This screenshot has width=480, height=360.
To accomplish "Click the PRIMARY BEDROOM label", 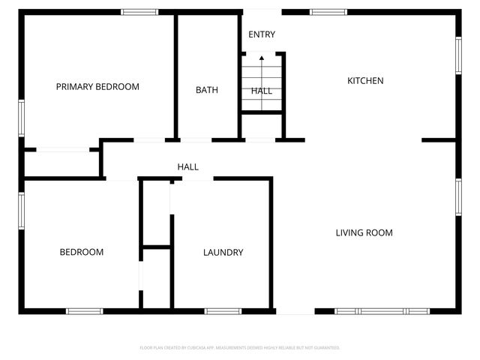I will pos(97,87).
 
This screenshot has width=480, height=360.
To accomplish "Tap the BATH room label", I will pos(207,90).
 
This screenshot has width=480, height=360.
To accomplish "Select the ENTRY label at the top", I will pos(262,34).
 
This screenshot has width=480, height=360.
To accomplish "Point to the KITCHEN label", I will pos(365,80).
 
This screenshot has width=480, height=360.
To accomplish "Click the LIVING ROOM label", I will pos(364,232).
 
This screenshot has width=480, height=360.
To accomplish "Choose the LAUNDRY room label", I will pos(223,253).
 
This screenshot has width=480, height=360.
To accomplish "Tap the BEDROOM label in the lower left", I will pos(81,252).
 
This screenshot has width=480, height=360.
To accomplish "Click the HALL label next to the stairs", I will pos(262,91).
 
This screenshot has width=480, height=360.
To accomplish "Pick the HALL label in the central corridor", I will pos(187,166).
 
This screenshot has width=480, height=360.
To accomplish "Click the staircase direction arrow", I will pos(262,58).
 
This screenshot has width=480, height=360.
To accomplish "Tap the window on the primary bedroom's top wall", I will pos(139,11).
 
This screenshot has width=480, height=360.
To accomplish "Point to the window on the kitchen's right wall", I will pos(457,55).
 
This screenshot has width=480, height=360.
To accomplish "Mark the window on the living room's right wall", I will pos(457,197).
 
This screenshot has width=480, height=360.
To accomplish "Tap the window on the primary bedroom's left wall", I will pos(22,118).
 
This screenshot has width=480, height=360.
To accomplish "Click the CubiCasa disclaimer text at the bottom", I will pos(240,348).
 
